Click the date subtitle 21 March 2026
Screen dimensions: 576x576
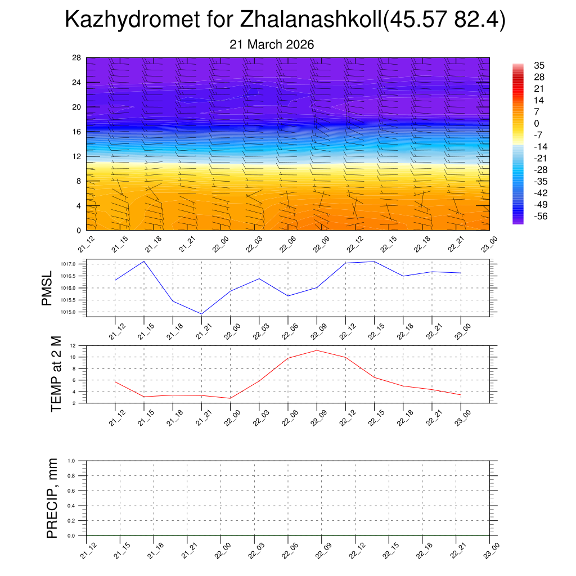(x=272, y=44)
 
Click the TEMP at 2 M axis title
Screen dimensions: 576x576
(x=56, y=374)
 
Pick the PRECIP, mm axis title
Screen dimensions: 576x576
(x=52, y=498)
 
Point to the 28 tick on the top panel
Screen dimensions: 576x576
(x=76, y=58)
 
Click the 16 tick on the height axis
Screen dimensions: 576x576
(x=76, y=132)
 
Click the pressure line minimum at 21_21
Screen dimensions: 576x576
(x=201, y=314)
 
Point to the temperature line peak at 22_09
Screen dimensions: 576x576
(x=317, y=350)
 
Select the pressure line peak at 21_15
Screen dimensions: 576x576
(x=144, y=261)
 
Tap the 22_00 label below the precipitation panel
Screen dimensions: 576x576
(x=220, y=551)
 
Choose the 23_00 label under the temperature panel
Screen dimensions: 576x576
(x=460, y=418)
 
